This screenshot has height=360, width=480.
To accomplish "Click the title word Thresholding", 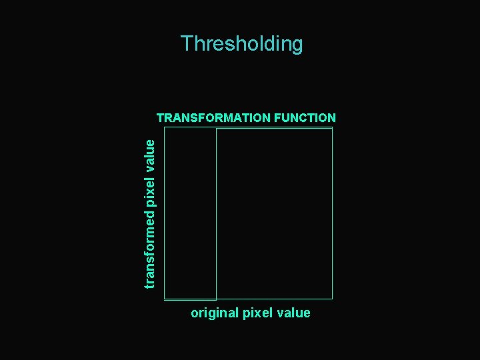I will [241, 44].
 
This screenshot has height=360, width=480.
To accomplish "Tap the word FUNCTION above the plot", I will [304, 118].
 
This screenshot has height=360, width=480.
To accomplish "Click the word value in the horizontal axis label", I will [294, 313].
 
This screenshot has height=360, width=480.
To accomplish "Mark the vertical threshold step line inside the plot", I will [217, 213].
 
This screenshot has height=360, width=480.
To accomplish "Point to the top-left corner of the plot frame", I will [164, 128].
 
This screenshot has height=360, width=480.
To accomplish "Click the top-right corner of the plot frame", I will [332, 128].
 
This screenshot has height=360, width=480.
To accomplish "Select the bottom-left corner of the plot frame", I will [164, 299].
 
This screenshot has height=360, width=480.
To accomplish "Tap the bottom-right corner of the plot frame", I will [332, 299].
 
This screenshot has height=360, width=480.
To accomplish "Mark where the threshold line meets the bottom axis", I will [217, 299].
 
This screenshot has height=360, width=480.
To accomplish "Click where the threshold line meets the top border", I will [217, 128].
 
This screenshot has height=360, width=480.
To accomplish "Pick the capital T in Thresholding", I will [187, 44].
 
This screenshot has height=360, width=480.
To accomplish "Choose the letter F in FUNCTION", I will [277, 118].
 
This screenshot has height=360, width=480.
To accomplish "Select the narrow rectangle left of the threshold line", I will [190, 213].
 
